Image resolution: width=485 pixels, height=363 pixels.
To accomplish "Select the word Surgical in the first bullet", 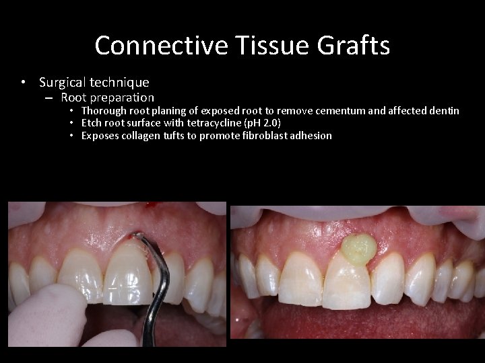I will click(x=63, y=83).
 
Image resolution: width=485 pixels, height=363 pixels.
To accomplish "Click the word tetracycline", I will click(x=215, y=123).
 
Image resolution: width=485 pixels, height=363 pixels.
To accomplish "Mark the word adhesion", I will click(x=311, y=136).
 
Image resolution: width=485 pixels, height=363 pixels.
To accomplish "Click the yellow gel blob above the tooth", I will click(x=358, y=247).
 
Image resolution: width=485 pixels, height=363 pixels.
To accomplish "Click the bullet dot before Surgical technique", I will click(x=24, y=83).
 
